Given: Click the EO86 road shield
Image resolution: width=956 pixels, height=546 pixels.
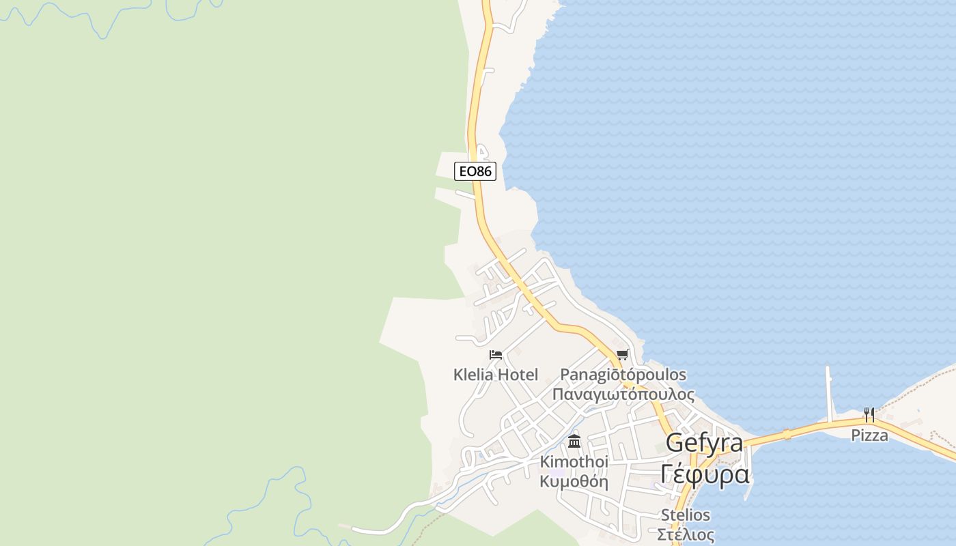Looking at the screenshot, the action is pyautogui.click(x=475, y=171).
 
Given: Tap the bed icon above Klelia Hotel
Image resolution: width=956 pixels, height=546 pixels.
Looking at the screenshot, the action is pyautogui.click(x=496, y=355).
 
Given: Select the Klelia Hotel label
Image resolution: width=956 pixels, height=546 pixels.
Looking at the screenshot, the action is pyautogui.click(x=496, y=375).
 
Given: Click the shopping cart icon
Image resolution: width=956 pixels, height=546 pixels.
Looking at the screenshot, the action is pyautogui.click(x=622, y=355).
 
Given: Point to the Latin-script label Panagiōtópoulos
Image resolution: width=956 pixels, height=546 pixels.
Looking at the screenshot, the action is pyautogui.click(x=623, y=375).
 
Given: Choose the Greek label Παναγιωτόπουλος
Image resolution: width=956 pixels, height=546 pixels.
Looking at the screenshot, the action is pyautogui.click(x=623, y=394).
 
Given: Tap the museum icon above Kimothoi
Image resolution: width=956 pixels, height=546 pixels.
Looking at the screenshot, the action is pyautogui.click(x=574, y=441).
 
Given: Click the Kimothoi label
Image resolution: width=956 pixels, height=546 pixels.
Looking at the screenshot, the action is pyautogui.click(x=574, y=462).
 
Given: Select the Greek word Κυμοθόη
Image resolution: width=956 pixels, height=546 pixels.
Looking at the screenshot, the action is pyautogui.click(x=574, y=481).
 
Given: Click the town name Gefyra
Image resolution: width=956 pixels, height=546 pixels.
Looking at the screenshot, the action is pyautogui.click(x=704, y=443).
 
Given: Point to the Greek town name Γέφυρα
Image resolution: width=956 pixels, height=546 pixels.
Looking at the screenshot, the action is pyautogui.click(x=705, y=473).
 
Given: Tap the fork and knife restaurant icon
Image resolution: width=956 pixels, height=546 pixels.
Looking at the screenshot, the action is pyautogui.click(x=869, y=414).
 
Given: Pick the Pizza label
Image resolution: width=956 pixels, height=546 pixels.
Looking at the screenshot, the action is pyautogui.click(x=869, y=435).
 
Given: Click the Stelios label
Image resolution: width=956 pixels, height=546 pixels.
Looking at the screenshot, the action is pyautogui.click(x=685, y=515).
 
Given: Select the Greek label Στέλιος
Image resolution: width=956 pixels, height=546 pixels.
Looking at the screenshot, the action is pyautogui.click(x=685, y=534).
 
